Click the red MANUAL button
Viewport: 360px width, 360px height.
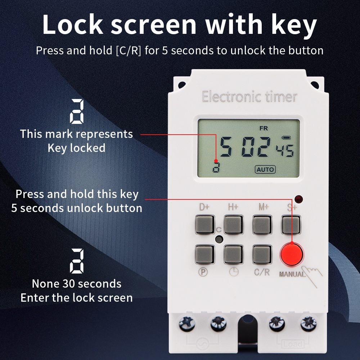click(291, 255)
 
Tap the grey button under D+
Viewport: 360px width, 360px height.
click(204, 224)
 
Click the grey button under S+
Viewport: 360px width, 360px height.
click(291, 224)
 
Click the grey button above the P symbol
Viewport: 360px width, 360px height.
click(204, 255)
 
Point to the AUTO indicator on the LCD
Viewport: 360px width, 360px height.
click(265, 169)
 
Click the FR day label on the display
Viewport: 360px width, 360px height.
click(264, 128)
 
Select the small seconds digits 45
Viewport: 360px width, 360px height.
click(284, 149)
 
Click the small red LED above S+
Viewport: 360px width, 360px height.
click(298, 199)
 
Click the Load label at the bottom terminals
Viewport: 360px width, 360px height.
click(293, 344)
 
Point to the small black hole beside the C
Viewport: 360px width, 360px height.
click(218, 239)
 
